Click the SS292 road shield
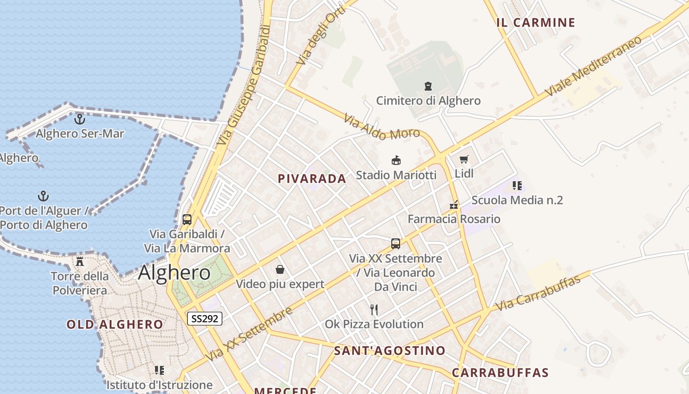click(x=205, y=319)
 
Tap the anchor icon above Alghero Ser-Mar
click(x=79, y=119)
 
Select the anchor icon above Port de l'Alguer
click(x=44, y=196)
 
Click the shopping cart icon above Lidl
click(x=464, y=159)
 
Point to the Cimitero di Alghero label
click(x=428, y=101)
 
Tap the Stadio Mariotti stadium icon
click(x=396, y=160)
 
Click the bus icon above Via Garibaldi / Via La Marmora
click(x=187, y=220)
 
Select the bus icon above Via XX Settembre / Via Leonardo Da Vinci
click(x=395, y=243)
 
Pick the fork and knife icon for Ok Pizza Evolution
click(x=374, y=309)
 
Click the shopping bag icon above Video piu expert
click(x=280, y=269)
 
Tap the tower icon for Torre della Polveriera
click(x=80, y=261)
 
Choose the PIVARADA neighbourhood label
click(x=312, y=179)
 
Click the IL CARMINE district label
click(x=536, y=23)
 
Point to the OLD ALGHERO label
click(x=115, y=325)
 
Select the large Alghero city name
click(x=174, y=272)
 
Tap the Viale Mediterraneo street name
click(x=594, y=66)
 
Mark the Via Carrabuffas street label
click(x=538, y=293)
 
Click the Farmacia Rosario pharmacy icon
click(x=454, y=204)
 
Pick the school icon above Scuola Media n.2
click(x=517, y=186)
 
